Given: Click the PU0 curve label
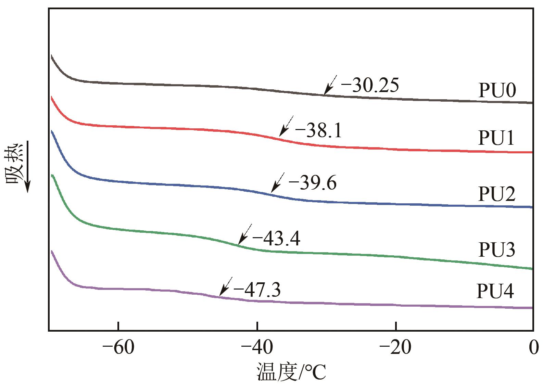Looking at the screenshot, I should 497,91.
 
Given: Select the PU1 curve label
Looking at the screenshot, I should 496,139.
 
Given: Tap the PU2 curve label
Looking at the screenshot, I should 496,194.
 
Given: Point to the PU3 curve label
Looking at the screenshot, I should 496,250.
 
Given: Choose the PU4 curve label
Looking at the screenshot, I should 495,292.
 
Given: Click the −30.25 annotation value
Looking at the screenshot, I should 370,86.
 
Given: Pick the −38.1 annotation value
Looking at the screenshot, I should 318,131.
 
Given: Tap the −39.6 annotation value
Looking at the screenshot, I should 313,183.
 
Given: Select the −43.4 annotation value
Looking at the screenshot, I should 276,239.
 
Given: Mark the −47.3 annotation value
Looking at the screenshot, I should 257,290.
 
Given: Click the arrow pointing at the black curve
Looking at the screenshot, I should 330,85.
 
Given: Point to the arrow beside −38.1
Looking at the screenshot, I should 286,126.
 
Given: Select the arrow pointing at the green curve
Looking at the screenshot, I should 244,234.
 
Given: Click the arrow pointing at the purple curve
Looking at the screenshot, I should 225,286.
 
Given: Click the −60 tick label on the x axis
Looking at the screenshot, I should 118,348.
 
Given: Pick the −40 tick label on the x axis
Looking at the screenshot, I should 257,348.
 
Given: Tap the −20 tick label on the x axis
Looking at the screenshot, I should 396,348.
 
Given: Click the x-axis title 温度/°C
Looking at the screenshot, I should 291,373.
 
